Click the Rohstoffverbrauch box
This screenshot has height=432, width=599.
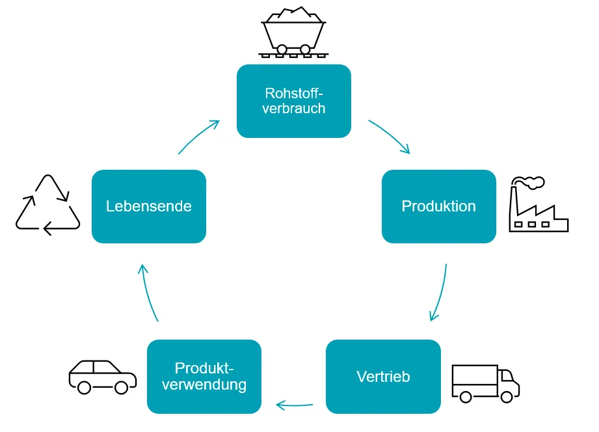(293, 101)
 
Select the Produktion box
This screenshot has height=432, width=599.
(438, 206)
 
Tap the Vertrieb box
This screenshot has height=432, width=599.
(383, 376)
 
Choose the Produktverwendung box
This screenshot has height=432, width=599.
(204, 376)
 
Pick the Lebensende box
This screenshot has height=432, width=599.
(149, 206)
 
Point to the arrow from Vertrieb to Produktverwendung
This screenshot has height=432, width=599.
(295, 405)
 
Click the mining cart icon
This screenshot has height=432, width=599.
(293, 33)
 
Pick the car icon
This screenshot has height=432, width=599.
(102, 377)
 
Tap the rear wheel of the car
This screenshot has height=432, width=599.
(84, 388)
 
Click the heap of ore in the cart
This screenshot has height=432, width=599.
(293, 15)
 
